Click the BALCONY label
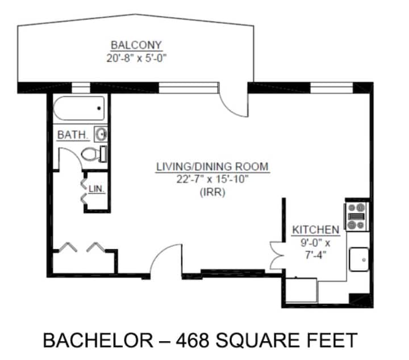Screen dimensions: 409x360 point(136,45)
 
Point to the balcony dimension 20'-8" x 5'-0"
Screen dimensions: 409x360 point(136,58)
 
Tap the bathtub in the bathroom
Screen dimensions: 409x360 point(79,108)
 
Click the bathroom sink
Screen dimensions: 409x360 point(101,134)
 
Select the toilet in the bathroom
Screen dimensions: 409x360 point(94,154)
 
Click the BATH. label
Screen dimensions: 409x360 point(73,135)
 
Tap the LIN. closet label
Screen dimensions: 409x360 point(97,189)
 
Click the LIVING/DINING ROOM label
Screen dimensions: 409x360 point(212,166)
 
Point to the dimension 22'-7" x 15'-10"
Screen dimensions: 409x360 point(212,179)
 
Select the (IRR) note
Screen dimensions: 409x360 point(212,192)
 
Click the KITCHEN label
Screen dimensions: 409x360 point(316,230)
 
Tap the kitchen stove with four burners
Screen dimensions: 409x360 point(356,216)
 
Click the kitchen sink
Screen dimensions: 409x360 point(359,259)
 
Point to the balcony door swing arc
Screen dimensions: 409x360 point(227,108)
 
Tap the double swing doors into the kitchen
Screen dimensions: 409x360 point(276,256)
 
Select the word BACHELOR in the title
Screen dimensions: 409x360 point(98,340)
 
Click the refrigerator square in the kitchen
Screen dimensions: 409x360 point(302,290)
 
